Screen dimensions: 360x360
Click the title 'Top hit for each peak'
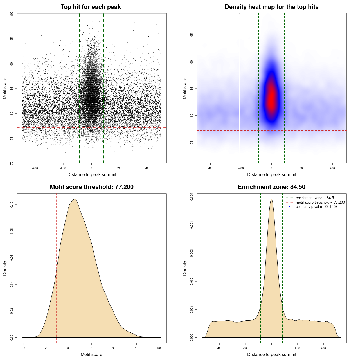click(x=91, y=7)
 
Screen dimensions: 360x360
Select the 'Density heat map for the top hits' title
click(x=271, y=7)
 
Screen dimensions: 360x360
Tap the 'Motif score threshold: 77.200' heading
click(x=91, y=187)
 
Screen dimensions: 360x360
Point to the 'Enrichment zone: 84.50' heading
click(x=271, y=187)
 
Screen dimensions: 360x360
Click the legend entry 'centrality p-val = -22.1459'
click(x=316, y=207)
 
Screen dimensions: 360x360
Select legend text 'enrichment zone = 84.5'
click(x=315, y=198)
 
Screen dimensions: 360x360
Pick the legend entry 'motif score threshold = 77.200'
click(x=320, y=202)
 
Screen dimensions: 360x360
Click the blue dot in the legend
click(x=289, y=207)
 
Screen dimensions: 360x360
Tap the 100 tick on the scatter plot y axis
click(x=12, y=14)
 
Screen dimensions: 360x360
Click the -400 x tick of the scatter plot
click(x=35, y=168)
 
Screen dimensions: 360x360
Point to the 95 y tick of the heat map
click(x=192, y=35)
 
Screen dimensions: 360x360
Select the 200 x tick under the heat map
click(x=302, y=168)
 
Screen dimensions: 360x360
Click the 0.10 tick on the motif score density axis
click(x=12, y=205)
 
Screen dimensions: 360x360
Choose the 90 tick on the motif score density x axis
click(x=114, y=348)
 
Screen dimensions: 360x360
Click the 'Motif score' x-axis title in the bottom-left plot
click(x=91, y=354)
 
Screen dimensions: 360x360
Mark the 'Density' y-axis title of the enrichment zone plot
click(x=185, y=268)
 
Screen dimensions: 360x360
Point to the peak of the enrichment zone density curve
click(x=271, y=199)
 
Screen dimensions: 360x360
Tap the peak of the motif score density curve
click(x=75, y=199)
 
